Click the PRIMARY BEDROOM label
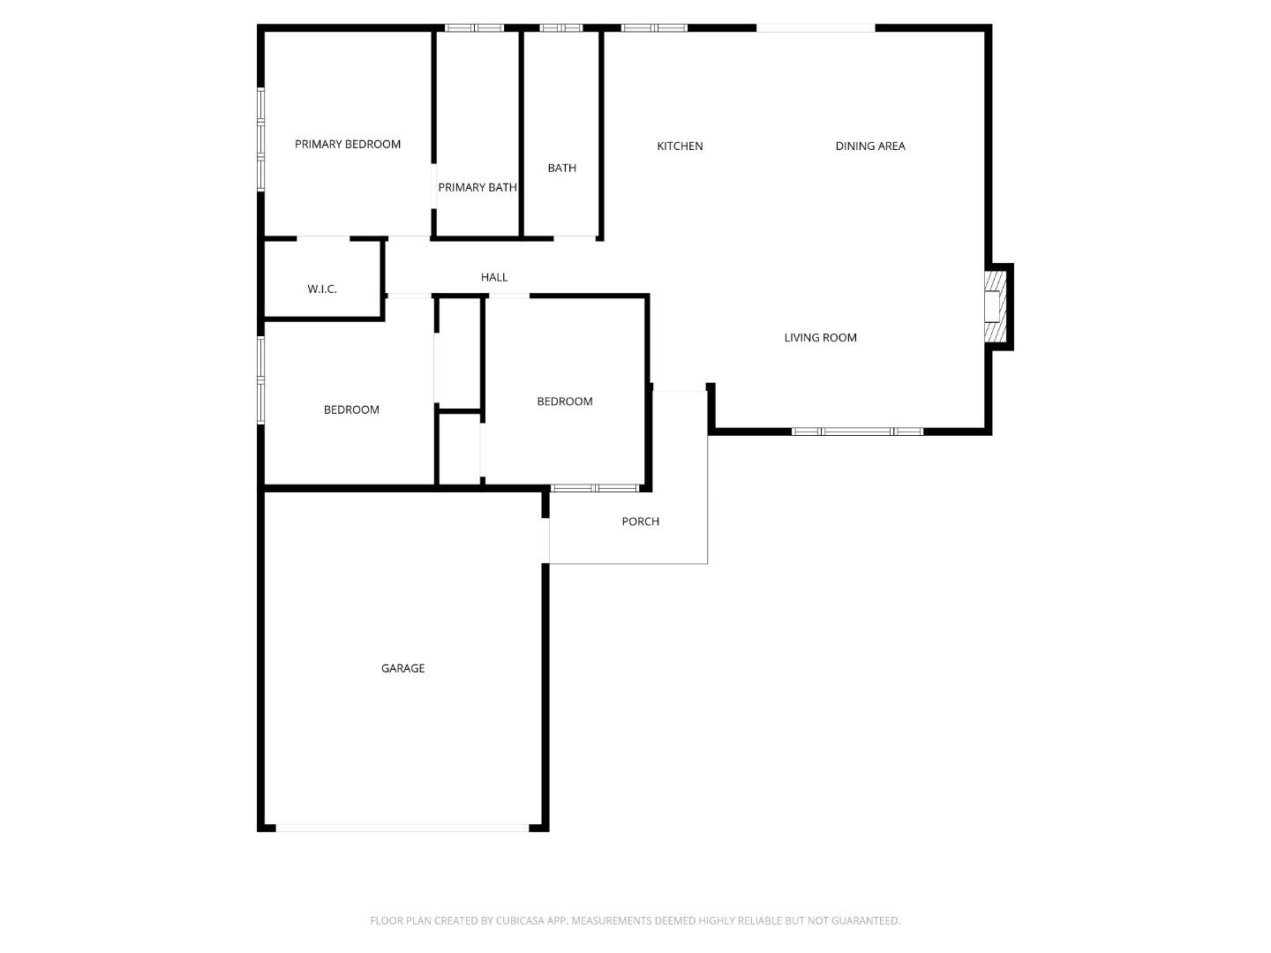pyautogui.click(x=348, y=144)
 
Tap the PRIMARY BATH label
pyautogui.click(x=478, y=187)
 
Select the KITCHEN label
pyautogui.click(x=680, y=146)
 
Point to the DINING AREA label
pyautogui.click(x=870, y=146)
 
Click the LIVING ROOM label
pyautogui.click(x=820, y=337)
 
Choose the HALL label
pyautogui.click(x=494, y=277)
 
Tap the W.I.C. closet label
pyautogui.click(x=322, y=289)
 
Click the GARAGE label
pyautogui.click(x=402, y=668)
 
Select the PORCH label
pyautogui.click(x=640, y=522)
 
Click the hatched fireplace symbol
pyautogui.click(x=995, y=306)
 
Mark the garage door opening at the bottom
pyautogui.click(x=402, y=828)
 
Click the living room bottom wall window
pyautogui.click(x=857, y=431)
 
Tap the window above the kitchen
pyautogui.click(x=654, y=28)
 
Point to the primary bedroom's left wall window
pyautogui.click(x=261, y=139)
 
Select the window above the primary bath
pyautogui.click(x=474, y=28)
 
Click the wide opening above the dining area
pyautogui.click(x=816, y=28)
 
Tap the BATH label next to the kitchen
pyautogui.click(x=561, y=168)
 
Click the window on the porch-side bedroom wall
pyautogui.click(x=595, y=488)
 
